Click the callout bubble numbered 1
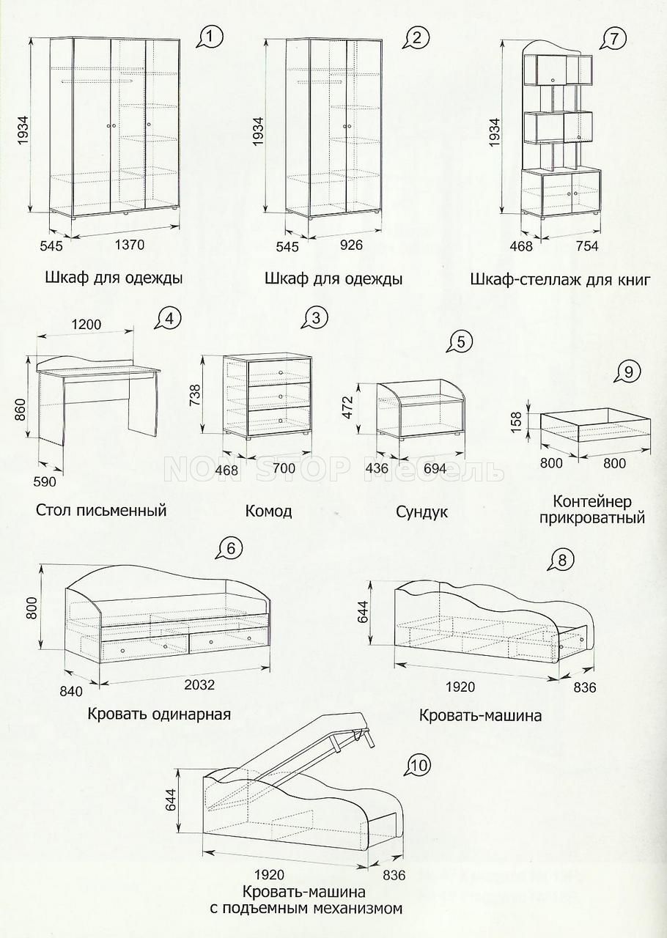[x=212, y=38]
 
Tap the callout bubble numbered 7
[x=613, y=39]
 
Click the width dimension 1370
[x=130, y=244]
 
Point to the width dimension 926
[x=351, y=245]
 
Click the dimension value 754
[x=587, y=245]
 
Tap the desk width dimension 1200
[x=86, y=325]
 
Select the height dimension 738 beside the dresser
[x=195, y=394]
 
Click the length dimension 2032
[x=199, y=684]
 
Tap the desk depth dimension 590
[x=45, y=481]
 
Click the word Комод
[x=268, y=511]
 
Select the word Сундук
[x=422, y=512]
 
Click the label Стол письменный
[x=101, y=510]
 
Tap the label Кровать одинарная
[x=159, y=714]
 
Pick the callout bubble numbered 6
[x=231, y=547]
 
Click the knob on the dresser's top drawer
[x=280, y=373]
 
